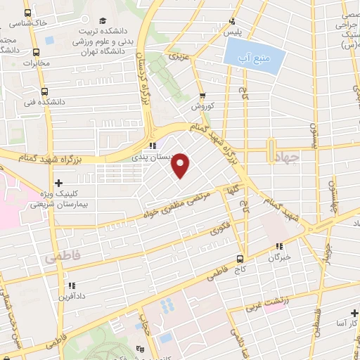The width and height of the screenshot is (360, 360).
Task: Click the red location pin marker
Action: point(181,165)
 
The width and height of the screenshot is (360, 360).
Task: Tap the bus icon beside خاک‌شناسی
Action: point(27,13)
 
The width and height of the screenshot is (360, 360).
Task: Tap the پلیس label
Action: point(232,33)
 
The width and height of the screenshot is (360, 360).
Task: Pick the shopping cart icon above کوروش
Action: point(202,96)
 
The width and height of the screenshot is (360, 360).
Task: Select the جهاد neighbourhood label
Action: point(284,160)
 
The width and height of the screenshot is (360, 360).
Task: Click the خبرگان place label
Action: point(279,258)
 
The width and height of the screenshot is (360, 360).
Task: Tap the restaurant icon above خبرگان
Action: point(279,246)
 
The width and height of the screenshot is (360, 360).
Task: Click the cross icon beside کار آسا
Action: point(355,311)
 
